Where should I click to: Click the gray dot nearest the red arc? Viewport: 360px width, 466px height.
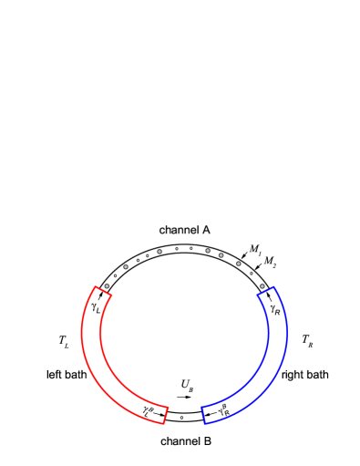(x=107, y=286)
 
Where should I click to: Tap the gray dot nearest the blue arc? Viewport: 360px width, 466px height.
(x=262, y=286)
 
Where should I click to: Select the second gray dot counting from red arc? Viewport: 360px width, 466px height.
(x=126, y=267)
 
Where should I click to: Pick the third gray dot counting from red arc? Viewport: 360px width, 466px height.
(x=159, y=252)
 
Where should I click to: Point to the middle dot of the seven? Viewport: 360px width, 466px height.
(x=208, y=251)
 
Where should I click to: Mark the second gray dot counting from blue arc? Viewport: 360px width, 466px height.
(x=239, y=264)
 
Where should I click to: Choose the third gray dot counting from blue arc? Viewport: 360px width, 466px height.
(x=221, y=255)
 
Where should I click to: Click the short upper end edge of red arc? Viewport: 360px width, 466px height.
(x=103, y=291)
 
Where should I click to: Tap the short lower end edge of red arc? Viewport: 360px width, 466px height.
(x=167, y=415)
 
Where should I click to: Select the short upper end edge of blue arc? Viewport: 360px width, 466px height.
(x=265, y=292)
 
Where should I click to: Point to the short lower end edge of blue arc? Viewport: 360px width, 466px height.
(x=203, y=415)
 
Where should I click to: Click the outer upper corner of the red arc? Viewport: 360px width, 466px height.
(x=95, y=286)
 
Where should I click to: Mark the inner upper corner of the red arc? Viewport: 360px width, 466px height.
(x=111, y=295)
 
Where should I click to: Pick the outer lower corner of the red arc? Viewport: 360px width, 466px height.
(x=164, y=424)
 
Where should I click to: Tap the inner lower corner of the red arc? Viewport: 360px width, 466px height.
(x=169, y=407)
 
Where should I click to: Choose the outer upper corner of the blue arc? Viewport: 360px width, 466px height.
(x=273, y=287)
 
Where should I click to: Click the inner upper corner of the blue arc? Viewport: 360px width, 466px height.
(x=258, y=296)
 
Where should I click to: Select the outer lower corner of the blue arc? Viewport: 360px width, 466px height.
(x=205, y=424)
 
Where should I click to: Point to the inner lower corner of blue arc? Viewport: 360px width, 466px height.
(x=201, y=407)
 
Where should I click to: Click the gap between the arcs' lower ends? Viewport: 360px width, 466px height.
(x=185, y=416)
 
